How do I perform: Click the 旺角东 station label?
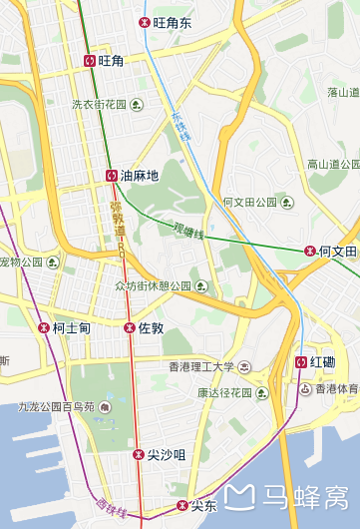pos(173,22)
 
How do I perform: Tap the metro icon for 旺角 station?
pos(90,61)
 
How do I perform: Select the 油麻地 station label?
pos(140,176)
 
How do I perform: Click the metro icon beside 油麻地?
pos(111,176)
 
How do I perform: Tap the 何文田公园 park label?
pos(249,203)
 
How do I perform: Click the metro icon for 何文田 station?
pos(310,252)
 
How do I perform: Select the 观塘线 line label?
pos(187,231)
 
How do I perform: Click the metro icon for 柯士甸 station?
pos(44,327)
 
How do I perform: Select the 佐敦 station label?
pos(151,327)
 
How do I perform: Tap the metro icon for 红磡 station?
pos(301,361)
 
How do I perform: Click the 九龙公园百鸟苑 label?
pos(56,407)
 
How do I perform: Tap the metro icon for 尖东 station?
pos(181,505)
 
